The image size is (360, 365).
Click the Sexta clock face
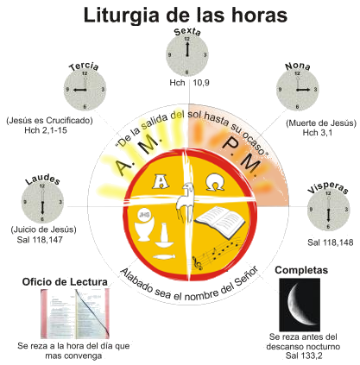point(187,55)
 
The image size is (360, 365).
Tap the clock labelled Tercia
point(85,90)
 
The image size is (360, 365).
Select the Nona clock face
point(298,90)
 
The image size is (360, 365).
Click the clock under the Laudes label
point(42,203)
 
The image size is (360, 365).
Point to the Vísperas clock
point(328,210)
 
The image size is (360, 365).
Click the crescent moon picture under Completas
point(300,305)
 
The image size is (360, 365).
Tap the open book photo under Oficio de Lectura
point(75,313)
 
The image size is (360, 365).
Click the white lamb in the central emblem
point(186,201)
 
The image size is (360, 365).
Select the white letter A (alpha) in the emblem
point(160,182)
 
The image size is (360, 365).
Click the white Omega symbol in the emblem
point(215,182)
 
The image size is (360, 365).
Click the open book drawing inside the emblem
point(220,222)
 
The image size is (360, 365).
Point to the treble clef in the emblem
point(198,263)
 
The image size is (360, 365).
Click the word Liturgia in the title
point(121,15)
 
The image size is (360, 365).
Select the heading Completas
point(301,270)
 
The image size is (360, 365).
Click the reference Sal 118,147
point(40,240)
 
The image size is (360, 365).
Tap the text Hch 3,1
point(318,132)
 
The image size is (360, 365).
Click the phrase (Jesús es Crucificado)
point(49,120)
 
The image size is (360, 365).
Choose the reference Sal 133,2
point(304,356)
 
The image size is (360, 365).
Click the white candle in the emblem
point(164,235)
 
